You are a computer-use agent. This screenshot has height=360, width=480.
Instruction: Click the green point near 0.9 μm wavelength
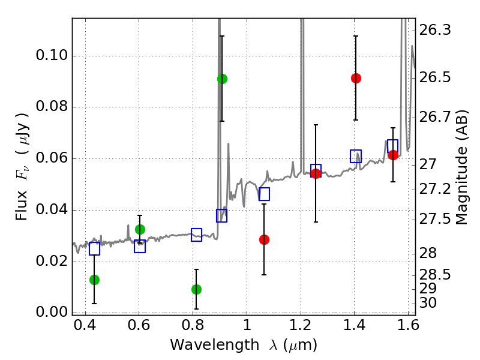click(x=222, y=79)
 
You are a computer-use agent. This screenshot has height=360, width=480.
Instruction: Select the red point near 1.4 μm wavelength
click(x=356, y=78)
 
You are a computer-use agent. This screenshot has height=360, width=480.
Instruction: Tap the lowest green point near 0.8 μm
click(x=196, y=289)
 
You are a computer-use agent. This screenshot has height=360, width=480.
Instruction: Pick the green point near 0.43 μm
click(x=94, y=280)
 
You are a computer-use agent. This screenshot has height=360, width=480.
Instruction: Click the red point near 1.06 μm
click(x=264, y=239)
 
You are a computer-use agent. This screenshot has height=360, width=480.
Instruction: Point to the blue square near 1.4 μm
click(x=356, y=157)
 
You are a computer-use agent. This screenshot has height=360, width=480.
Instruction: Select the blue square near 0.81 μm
click(x=196, y=235)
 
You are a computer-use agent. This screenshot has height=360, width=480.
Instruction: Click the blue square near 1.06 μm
click(x=264, y=194)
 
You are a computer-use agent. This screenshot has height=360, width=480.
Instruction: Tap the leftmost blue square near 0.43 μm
click(x=94, y=248)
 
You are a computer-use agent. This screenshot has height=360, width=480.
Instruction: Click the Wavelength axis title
click(x=244, y=345)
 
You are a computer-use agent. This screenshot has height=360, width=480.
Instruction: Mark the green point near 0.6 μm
click(x=140, y=229)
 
